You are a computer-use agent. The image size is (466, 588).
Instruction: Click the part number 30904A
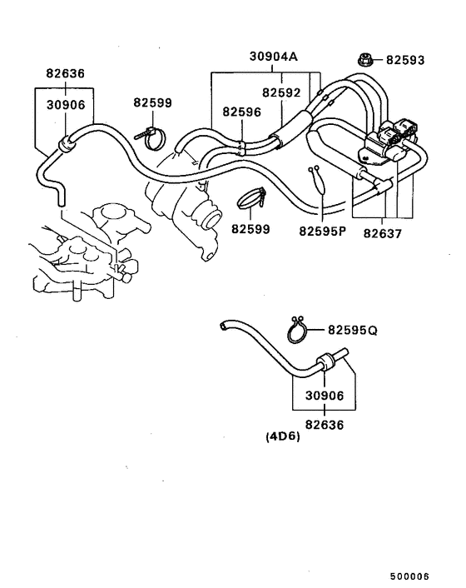point(273,57)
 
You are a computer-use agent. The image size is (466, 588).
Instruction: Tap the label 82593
point(406,60)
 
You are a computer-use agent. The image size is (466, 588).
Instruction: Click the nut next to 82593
point(364,59)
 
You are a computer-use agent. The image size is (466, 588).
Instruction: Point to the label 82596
point(241,111)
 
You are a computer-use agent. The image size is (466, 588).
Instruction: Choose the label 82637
point(383,234)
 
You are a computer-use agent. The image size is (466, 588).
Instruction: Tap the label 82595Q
point(352,330)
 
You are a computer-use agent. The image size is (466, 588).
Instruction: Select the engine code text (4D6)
point(283,436)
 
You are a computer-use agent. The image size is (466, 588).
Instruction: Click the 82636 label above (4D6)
point(324,422)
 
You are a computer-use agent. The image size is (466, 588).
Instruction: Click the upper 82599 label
point(152,102)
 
